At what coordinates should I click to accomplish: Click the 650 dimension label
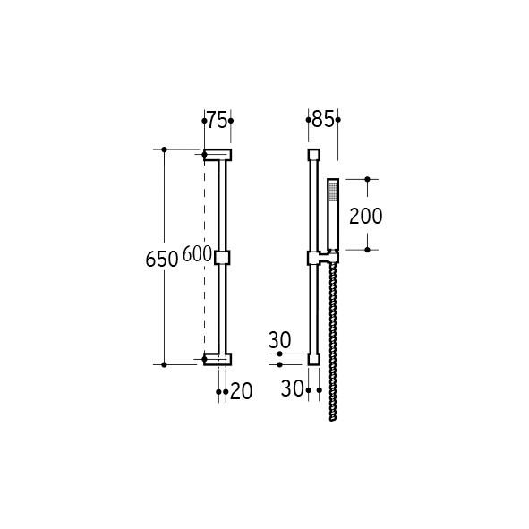click(x=162, y=260)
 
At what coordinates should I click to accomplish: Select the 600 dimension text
click(x=197, y=254)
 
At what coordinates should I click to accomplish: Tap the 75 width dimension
click(x=217, y=120)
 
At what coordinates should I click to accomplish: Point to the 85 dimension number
click(x=323, y=119)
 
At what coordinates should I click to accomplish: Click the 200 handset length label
click(x=366, y=216)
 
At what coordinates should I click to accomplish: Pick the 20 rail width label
click(x=241, y=391)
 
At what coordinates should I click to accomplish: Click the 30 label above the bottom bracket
click(x=279, y=340)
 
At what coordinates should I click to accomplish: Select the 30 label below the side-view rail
click(x=292, y=388)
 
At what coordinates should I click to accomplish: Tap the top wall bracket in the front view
click(x=218, y=155)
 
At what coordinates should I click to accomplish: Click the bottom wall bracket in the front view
click(x=218, y=359)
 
